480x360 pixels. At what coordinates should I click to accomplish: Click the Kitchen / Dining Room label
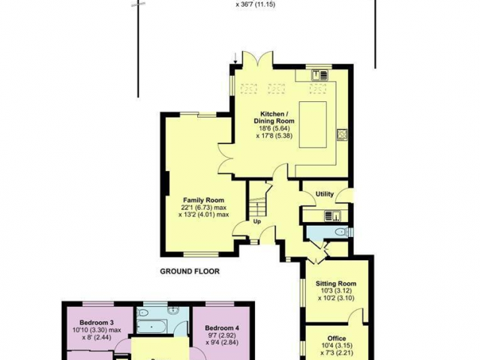274,118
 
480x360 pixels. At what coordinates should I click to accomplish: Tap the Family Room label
203,200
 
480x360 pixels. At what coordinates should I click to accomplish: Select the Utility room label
325,194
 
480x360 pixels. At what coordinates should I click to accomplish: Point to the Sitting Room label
336,283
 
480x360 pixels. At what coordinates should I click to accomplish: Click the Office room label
337,338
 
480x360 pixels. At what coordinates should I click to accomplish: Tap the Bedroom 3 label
97,322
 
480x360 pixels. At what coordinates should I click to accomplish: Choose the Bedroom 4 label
222,328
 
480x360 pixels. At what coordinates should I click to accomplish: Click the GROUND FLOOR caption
190,271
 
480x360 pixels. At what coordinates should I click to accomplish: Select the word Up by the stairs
257,221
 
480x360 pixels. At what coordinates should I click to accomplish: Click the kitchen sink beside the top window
319,75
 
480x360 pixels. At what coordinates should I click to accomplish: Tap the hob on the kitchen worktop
342,135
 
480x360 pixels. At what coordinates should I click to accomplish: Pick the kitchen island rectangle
313,124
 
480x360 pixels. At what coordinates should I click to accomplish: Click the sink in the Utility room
332,216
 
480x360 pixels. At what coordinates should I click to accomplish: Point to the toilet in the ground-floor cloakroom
341,232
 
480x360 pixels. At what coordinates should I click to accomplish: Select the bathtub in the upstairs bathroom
151,327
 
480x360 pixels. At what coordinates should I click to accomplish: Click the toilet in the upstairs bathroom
143,312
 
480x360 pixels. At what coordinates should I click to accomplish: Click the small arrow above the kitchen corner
235,58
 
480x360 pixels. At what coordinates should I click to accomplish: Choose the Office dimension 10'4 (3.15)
337,346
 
